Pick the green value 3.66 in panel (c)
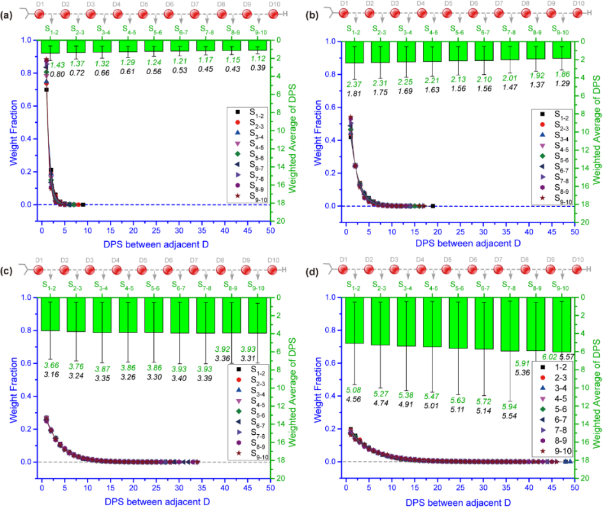click(x=51, y=364)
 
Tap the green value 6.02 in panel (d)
click(x=549, y=357)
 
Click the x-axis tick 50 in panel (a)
click(x=271, y=217)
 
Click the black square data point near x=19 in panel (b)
click(x=433, y=206)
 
